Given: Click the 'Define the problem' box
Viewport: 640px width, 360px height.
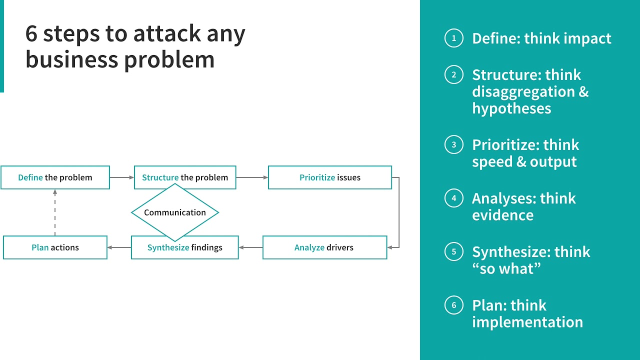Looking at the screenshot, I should click(55, 177).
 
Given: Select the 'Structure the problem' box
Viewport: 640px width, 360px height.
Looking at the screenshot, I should click(185, 177).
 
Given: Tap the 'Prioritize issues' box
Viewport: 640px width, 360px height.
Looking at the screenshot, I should click(330, 177).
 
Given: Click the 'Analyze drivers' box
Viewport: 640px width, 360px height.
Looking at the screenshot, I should click(324, 247).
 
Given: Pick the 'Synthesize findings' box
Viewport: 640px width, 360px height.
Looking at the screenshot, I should click(184, 247).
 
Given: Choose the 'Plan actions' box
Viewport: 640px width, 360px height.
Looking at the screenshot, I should click(55, 247).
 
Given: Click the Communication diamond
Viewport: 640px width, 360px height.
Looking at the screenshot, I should click(175, 212).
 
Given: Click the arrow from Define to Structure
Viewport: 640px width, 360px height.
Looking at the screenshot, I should click(121, 177).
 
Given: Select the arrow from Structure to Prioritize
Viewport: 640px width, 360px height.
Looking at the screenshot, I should click(251, 177).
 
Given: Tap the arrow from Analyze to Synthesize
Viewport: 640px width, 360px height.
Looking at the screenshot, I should click(250, 247).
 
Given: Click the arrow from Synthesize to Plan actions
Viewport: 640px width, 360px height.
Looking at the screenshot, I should click(119, 247).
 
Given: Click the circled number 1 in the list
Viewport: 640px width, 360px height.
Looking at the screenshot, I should click(454, 38).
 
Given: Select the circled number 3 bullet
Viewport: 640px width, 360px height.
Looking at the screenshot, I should click(454, 145).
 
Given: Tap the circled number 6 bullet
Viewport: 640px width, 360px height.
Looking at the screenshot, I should click(454, 305).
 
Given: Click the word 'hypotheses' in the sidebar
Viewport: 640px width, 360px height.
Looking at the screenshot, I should click(511, 109).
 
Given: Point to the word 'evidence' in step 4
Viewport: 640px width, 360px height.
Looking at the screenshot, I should click(502, 215).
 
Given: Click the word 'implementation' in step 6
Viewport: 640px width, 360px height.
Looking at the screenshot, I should click(527, 322).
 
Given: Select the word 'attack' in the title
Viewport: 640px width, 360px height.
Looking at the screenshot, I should click(159, 34).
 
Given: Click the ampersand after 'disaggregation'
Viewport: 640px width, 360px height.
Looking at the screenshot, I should click(583, 92).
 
